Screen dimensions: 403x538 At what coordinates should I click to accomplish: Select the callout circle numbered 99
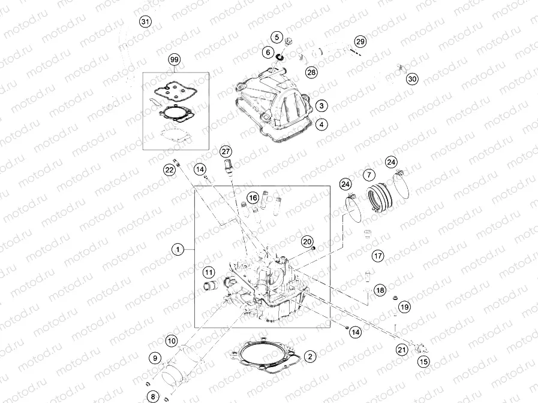tap(174, 60)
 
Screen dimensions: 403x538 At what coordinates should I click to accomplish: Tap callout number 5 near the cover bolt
tap(276, 37)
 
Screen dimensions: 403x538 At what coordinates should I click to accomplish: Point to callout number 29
tap(359, 42)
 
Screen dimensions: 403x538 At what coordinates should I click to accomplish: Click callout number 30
tap(411, 79)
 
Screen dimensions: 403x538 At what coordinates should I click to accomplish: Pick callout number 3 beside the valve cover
tap(321, 105)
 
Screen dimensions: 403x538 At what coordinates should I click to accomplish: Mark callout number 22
tap(170, 171)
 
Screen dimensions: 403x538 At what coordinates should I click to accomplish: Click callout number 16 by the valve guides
tap(253, 198)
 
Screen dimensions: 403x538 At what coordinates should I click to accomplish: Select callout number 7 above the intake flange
tap(368, 175)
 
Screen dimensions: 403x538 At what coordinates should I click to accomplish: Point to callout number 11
tap(208, 272)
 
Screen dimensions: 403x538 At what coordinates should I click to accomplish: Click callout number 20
tap(307, 242)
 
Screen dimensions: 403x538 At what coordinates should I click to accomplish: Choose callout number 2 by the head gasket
tap(309, 357)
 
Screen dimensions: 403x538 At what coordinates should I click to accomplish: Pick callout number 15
tap(423, 361)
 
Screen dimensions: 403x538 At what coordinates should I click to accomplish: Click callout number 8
tap(153, 396)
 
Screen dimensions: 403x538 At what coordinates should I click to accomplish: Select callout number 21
tap(401, 349)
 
